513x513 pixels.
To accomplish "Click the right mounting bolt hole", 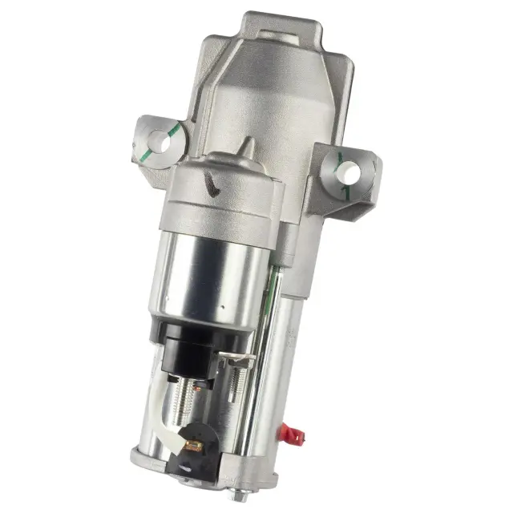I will tap(347, 172).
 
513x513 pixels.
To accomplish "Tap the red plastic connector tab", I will tap(293, 435).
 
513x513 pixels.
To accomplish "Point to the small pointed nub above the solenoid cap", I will tap(246, 147).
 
